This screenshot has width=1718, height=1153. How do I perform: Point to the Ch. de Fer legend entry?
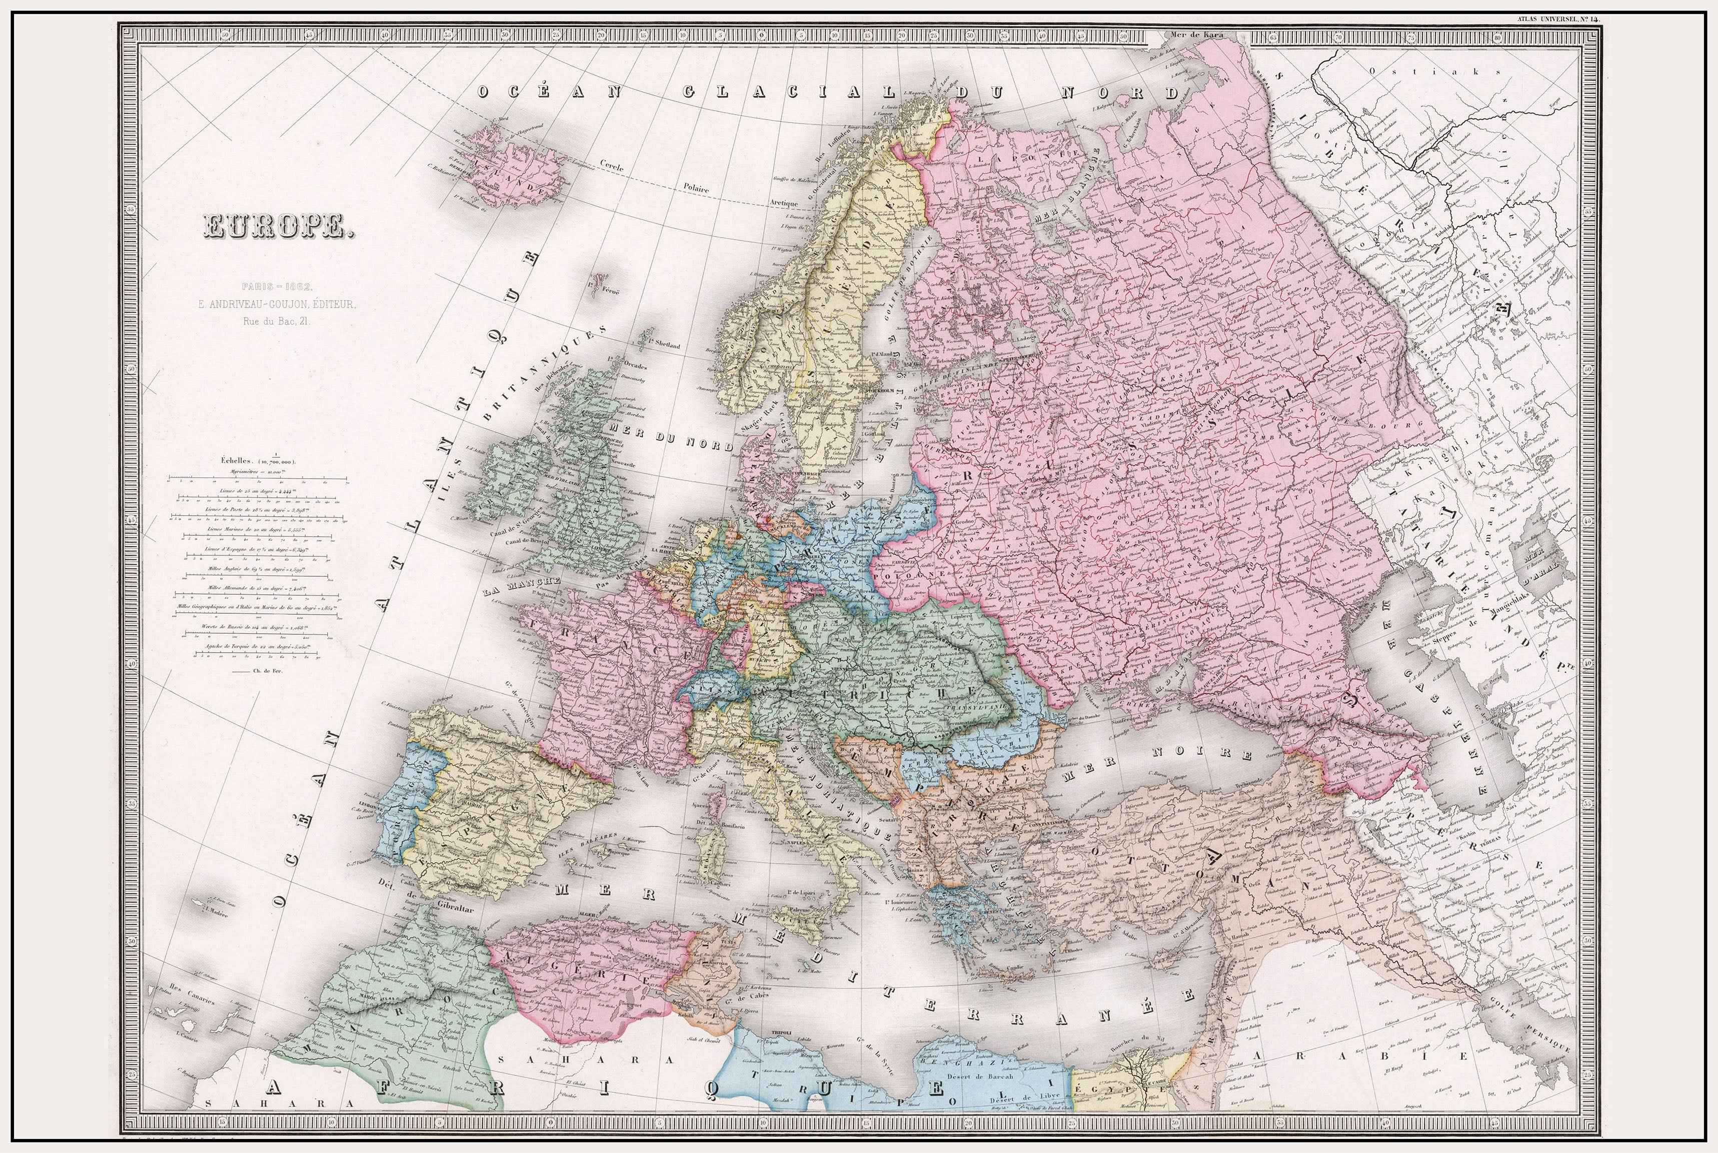[257, 671]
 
